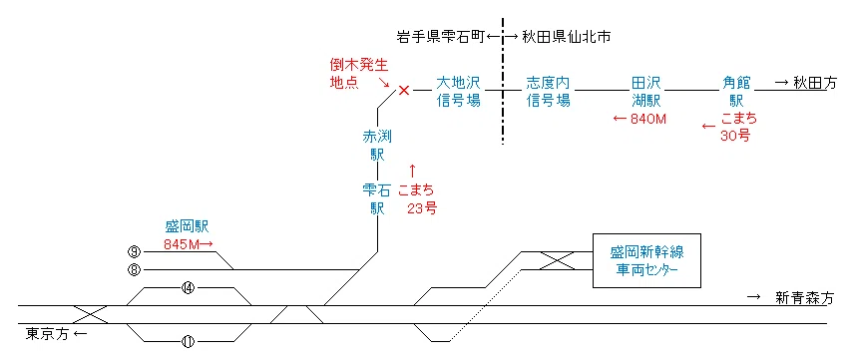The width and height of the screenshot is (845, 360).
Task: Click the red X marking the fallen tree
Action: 404,90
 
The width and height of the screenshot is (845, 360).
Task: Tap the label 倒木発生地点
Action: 359,74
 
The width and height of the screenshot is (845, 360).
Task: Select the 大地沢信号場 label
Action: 458,91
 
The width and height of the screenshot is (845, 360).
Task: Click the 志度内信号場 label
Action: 548,91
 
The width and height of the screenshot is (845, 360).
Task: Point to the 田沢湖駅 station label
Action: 645,91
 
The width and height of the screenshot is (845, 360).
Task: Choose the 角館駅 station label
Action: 736,91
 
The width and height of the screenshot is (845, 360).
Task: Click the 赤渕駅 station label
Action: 377,145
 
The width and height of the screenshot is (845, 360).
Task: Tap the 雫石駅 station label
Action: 377,198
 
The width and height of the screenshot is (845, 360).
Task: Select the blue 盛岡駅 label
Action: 187,226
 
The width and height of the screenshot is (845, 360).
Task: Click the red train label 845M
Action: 182,244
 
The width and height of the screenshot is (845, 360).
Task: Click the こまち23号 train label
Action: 417,198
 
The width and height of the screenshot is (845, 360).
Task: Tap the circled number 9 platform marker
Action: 135,251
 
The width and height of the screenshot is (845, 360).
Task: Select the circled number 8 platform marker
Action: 135,269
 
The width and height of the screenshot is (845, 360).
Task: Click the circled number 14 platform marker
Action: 189,288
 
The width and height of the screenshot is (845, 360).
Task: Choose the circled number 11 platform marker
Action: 189,341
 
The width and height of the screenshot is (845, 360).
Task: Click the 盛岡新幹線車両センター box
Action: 646,260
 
